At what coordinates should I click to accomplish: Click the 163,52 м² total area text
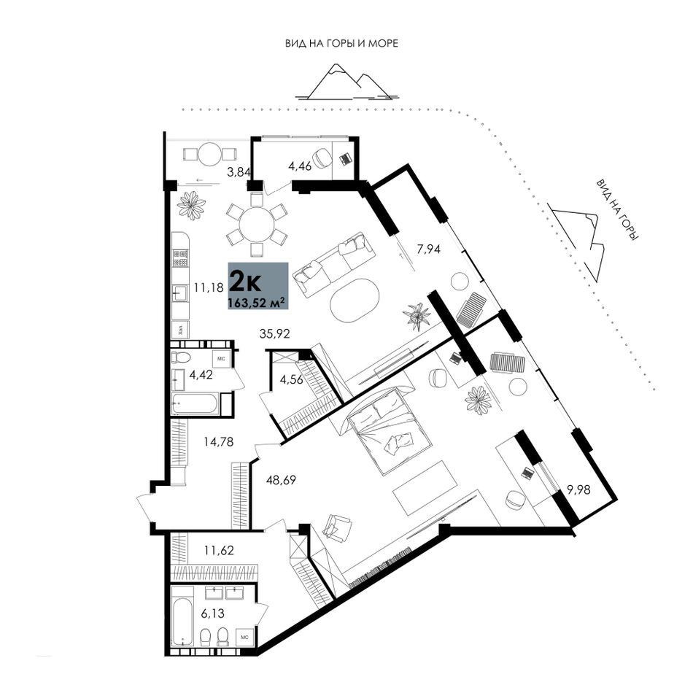[255, 303]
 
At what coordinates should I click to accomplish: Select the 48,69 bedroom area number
[281, 479]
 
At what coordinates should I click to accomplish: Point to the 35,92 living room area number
[275, 333]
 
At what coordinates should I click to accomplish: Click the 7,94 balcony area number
[429, 249]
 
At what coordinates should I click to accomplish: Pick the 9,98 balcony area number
[578, 489]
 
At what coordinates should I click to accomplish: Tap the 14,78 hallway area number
[218, 441]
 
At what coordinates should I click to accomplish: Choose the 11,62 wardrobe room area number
[219, 550]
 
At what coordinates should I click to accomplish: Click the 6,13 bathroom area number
[212, 613]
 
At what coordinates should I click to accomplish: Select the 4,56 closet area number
[292, 379]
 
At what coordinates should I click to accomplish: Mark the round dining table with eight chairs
[257, 225]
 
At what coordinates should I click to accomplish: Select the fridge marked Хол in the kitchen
[181, 329]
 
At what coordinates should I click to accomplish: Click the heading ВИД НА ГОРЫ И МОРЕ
[341, 43]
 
